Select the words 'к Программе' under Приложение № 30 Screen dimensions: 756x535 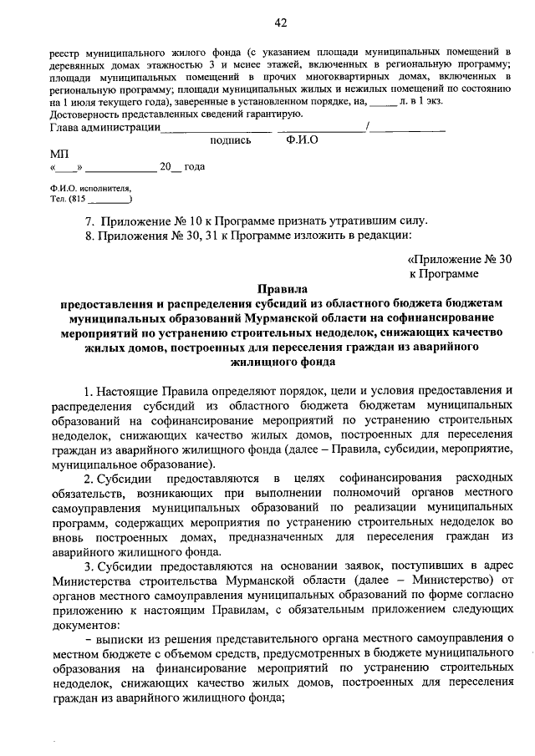[444, 273]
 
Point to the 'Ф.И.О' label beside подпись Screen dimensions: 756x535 [301, 141]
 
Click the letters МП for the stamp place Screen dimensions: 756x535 [60, 155]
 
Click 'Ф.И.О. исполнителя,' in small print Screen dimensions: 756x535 [90, 190]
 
